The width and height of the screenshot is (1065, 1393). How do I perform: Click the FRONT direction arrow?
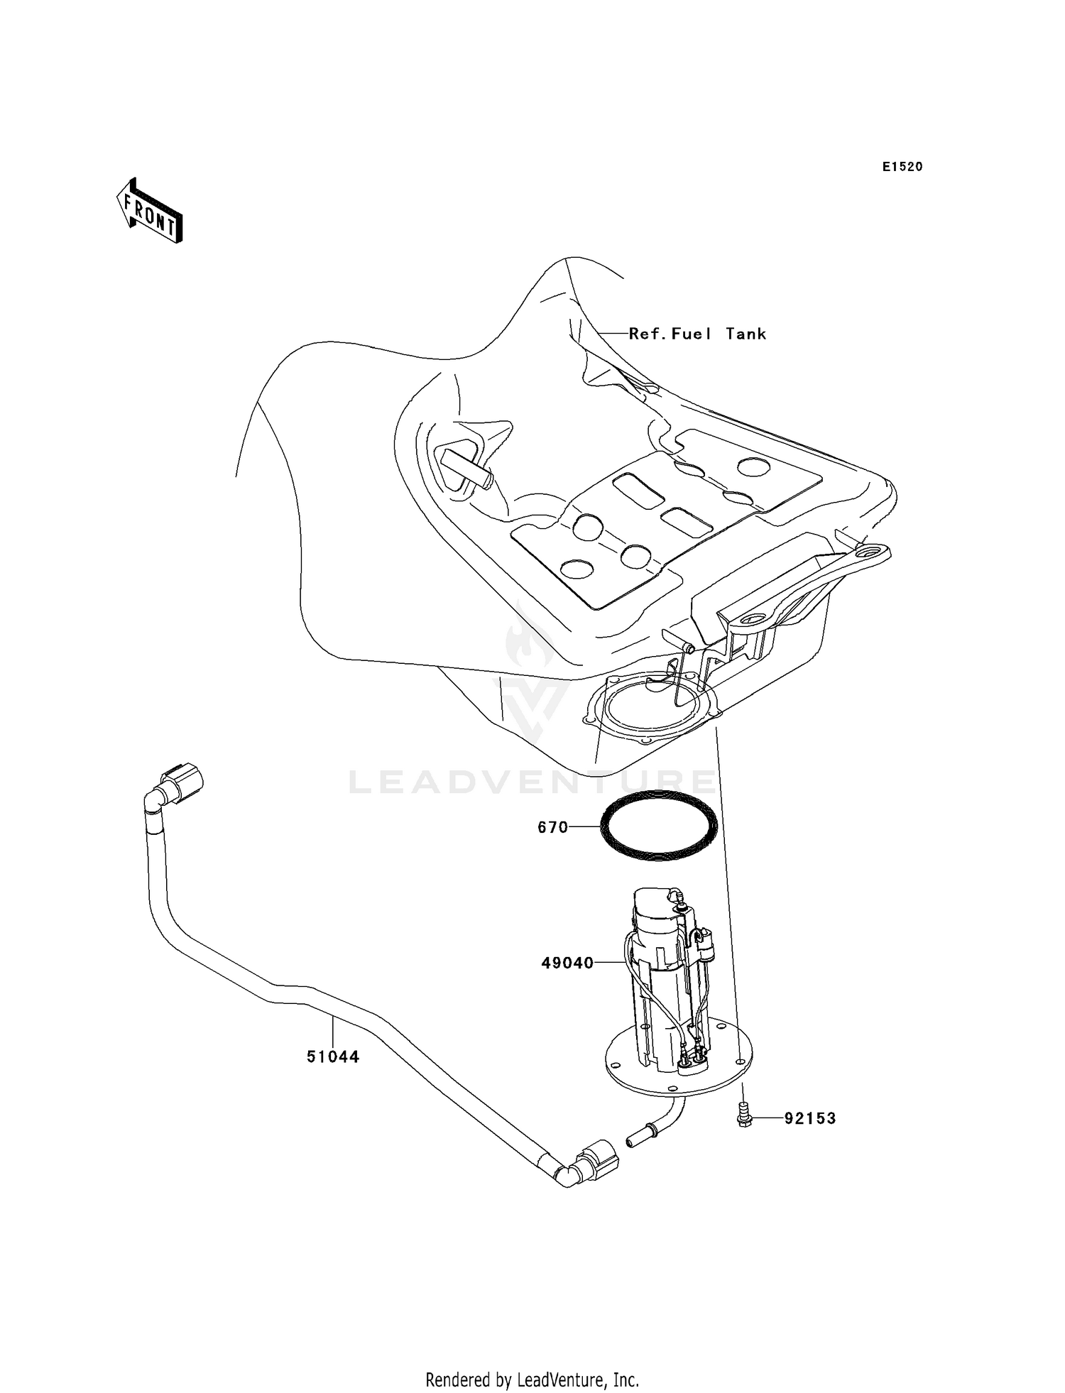pos(150,211)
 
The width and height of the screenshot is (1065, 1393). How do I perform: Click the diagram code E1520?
pos(902,167)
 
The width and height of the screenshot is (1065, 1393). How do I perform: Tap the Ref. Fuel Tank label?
pos(697,334)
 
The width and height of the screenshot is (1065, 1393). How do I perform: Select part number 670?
pos(552,827)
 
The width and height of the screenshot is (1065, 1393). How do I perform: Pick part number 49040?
pos(567,963)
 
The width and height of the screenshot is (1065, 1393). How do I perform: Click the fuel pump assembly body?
pos(664,980)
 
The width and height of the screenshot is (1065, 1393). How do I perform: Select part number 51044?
pos(333,1076)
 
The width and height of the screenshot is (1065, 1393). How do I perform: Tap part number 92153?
pos(809,1118)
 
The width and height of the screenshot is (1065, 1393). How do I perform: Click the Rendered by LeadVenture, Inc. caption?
pos(532,1380)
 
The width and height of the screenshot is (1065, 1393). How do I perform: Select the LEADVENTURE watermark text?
pos(532,782)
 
